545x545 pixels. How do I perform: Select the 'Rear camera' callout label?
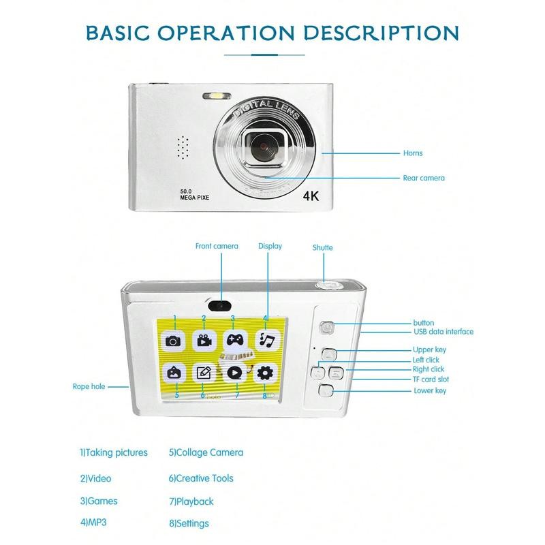423,178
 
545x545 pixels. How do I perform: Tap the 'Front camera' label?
217,246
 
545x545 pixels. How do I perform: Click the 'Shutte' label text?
322,247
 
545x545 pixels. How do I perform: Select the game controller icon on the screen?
234,340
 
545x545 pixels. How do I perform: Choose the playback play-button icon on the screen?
234,373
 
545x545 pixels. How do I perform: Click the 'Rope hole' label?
89,386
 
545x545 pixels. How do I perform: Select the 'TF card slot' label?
431,379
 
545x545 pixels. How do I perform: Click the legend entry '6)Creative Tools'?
201,478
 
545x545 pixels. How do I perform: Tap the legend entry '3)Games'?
99,501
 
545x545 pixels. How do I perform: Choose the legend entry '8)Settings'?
189,523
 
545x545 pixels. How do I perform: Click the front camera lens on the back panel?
219,305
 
